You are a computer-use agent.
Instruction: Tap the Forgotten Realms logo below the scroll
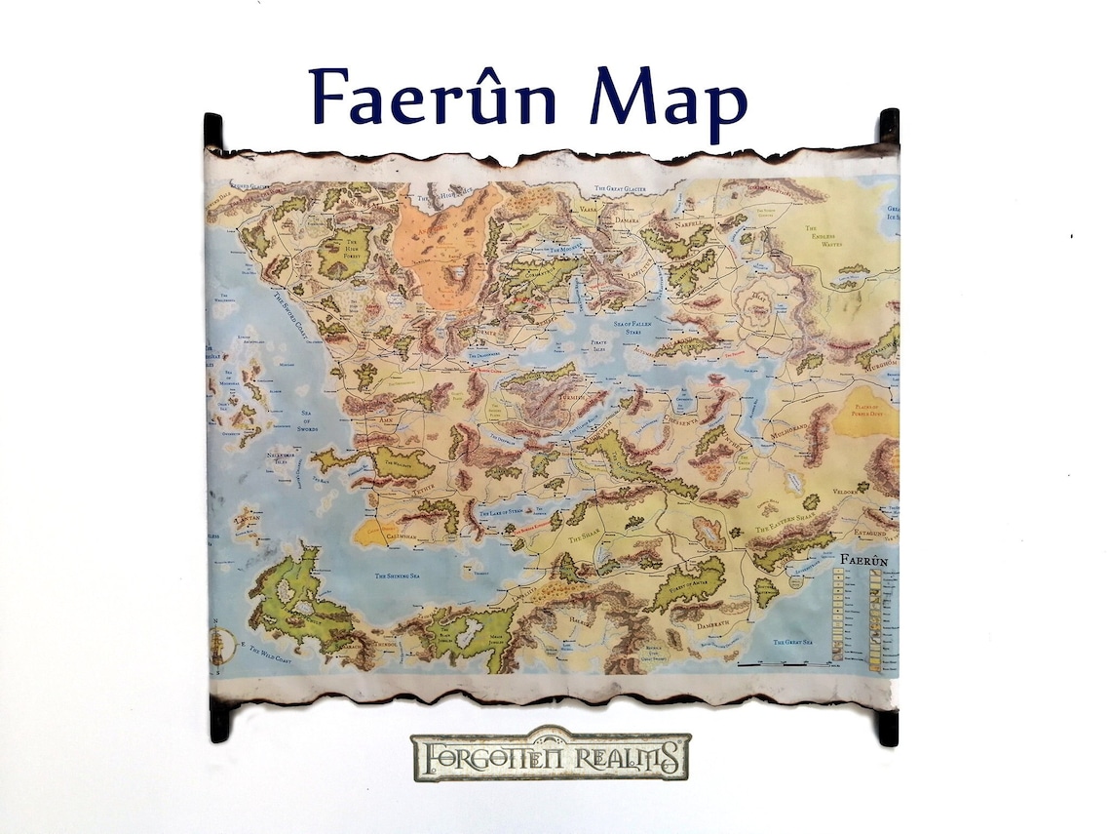click(x=551, y=756)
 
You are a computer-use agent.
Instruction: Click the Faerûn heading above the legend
click(x=862, y=562)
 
